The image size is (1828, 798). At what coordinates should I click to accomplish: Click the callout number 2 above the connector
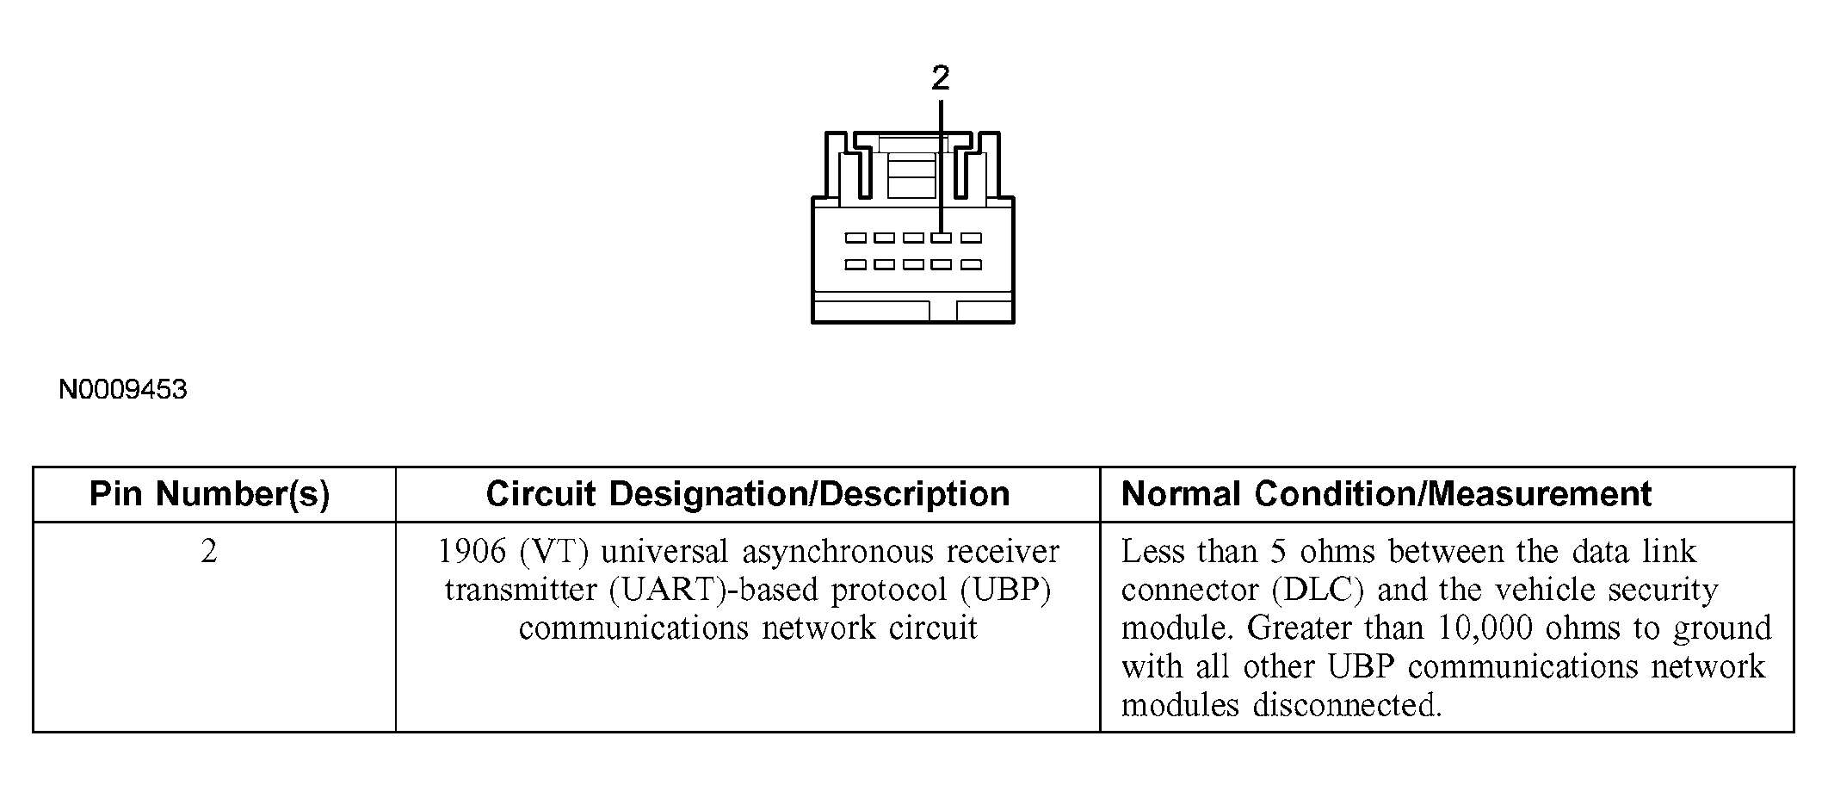pyautogui.click(x=941, y=78)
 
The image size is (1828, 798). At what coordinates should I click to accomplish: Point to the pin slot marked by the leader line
pyautogui.click(x=942, y=238)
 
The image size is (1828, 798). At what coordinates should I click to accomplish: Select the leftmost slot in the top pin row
pyautogui.click(x=855, y=238)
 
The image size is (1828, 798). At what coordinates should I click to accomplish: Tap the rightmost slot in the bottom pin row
pyautogui.click(x=971, y=264)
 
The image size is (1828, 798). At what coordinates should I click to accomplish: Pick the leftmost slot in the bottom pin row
pyautogui.click(x=855, y=264)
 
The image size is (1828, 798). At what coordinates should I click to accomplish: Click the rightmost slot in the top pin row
pyautogui.click(x=971, y=238)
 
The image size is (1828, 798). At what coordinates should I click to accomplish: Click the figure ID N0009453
pyautogui.click(x=123, y=390)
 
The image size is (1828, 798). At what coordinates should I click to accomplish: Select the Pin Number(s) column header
pyautogui.click(x=210, y=494)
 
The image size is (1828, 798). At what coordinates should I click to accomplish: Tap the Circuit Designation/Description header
pyautogui.click(x=747, y=494)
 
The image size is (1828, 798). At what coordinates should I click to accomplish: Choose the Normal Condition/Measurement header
pyautogui.click(x=1386, y=494)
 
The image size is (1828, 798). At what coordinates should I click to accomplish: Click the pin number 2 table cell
pyautogui.click(x=209, y=552)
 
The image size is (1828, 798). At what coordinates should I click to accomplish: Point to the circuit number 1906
pyautogui.click(x=472, y=552)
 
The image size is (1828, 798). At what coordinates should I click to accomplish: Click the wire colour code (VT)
pyautogui.click(x=553, y=552)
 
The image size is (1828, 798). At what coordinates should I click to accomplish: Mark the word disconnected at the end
pyautogui.click(x=1346, y=706)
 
